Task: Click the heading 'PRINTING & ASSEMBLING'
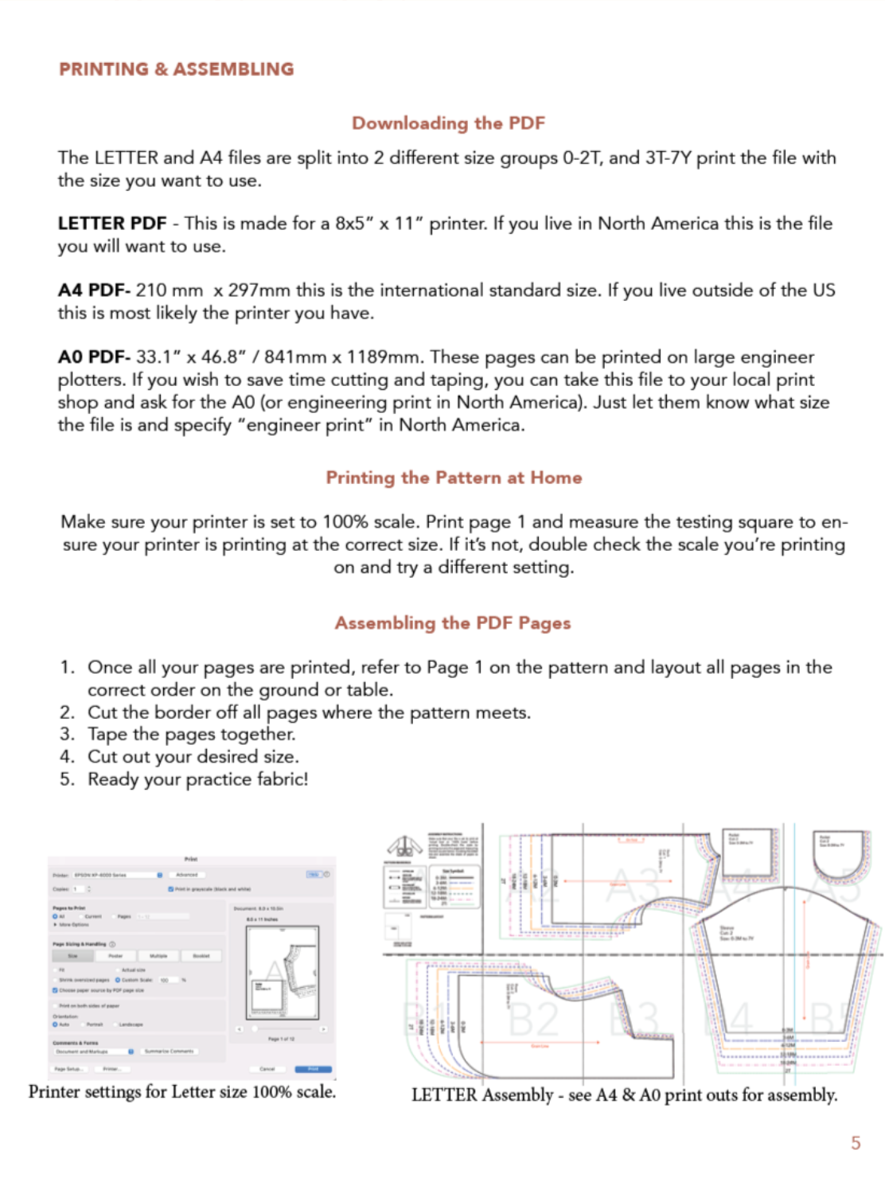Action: point(176,69)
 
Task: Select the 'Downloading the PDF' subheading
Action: point(448,123)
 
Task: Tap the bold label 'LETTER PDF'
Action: point(111,224)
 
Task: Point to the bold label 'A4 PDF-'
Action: point(93,291)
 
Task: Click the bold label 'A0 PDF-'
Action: point(93,357)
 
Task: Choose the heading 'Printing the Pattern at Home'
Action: point(454,478)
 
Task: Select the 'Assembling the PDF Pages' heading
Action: point(452,623)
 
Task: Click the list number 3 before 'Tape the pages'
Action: point(67,734)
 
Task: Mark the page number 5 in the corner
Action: point(856,1143)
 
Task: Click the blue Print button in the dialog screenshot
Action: point(313,1069)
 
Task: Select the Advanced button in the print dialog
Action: point(187,875)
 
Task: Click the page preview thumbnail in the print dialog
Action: point(283,972)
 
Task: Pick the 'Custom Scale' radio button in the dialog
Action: point(118,980)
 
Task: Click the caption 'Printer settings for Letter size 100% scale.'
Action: point(182,1092)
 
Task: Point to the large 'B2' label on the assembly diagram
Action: point(533,1019)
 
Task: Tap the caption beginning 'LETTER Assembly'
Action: point(624,1095)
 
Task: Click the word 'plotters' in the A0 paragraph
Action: point(91,380)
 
